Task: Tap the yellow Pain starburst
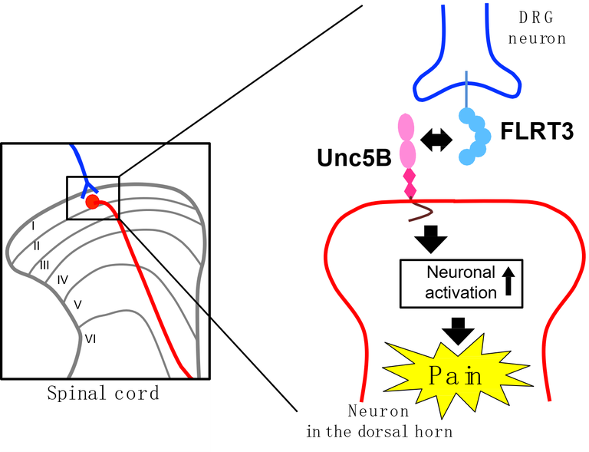click(454, 376)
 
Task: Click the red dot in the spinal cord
click(92, 202)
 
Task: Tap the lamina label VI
click(90, 337)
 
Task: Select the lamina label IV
click(63, 279)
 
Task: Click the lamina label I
click(33, 226)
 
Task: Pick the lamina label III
click(44, 264)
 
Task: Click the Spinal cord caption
click(103, 394)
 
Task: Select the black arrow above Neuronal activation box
click(430, 239)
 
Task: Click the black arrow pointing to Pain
click(459, 329)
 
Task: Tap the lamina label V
click(77, 304)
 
